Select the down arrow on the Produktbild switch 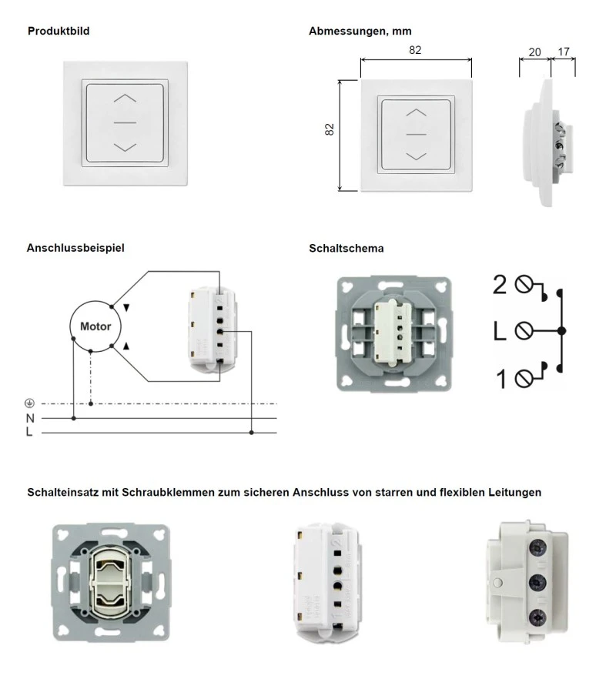click(x=125, y=146)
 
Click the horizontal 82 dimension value click(x=415, y=51)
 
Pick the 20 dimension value click(x=535, y=52)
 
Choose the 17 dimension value click(x=564, y=52)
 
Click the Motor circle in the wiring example click(x=95, y=326)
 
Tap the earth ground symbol click(x=30, y=403)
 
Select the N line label click(x=30, y=418)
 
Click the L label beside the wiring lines click(x=29, y=433)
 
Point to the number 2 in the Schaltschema click(x=500, y=286)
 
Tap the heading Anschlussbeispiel click(x=75, y=248)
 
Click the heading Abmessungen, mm click(x=360, y=32)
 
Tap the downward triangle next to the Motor click(x=127, y=306)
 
